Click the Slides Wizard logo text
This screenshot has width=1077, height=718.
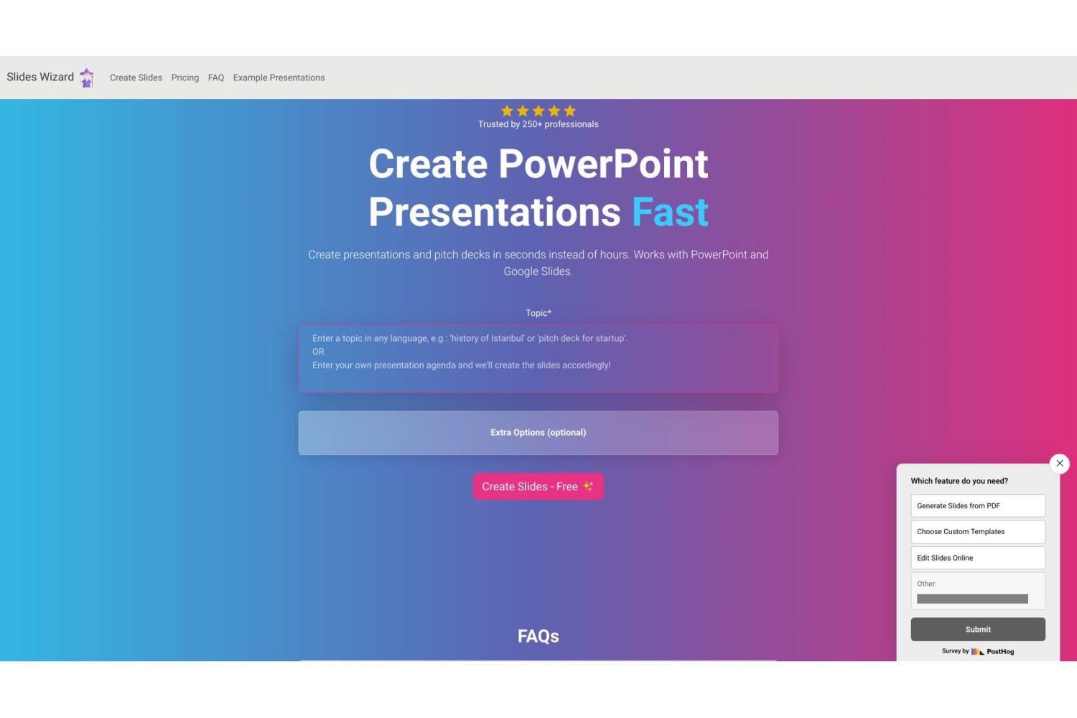[40, 77]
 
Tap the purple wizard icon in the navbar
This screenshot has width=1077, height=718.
[87, 78]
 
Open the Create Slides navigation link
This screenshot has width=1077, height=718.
[136, 78]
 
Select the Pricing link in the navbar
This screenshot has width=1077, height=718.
[185, 78]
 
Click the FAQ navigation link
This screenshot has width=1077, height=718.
[216, 78]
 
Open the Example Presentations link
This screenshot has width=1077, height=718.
[279, 78]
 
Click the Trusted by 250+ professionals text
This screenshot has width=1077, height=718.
[538, 124]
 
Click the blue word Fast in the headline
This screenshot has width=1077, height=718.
[670, 212]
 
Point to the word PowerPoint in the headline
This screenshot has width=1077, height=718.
[603, 164]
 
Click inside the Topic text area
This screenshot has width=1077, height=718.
[538, 359]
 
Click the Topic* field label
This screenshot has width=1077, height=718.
[538, 313]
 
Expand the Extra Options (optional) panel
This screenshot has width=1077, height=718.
[538, 433]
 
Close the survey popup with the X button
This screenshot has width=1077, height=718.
[1060, 464]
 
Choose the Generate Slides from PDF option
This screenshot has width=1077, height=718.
[978, 505]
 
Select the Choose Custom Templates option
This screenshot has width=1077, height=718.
[978, 531]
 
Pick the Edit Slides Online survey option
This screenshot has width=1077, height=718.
[978, 558]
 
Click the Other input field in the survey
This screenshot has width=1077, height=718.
[972, 599]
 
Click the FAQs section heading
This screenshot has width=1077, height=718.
[538, 635]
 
